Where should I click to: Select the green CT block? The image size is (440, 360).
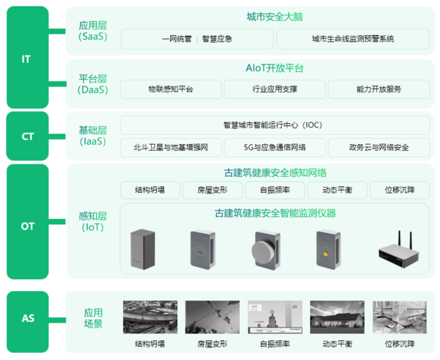click(28, 136)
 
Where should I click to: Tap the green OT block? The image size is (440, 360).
click(28, 221)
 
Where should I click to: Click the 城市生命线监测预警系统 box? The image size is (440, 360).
click(353, 39)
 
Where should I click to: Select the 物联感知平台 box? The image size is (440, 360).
click(171, 89)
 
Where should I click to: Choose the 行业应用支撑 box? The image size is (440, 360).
click(275, 89)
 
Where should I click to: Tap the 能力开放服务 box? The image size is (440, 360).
click(379, 89)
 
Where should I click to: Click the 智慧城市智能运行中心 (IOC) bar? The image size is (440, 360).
click(275, 125)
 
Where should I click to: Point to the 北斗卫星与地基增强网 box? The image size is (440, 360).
click(171, 147)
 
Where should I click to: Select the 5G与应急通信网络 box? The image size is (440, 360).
click(275, 147)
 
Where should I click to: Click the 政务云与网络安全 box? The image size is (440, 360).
click(379, 147)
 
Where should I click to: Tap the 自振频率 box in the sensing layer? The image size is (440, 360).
click(275, 190)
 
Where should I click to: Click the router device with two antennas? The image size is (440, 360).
click(398, 250)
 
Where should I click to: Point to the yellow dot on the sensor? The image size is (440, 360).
click(326, 254)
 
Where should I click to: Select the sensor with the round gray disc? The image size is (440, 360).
click(265, 250)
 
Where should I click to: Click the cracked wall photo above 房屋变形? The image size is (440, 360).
click(213, 317)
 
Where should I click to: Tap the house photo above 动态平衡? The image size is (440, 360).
click(337, 317)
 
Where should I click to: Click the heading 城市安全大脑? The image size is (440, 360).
click(275, 17)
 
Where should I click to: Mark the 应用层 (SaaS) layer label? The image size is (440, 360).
click(93, 31)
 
